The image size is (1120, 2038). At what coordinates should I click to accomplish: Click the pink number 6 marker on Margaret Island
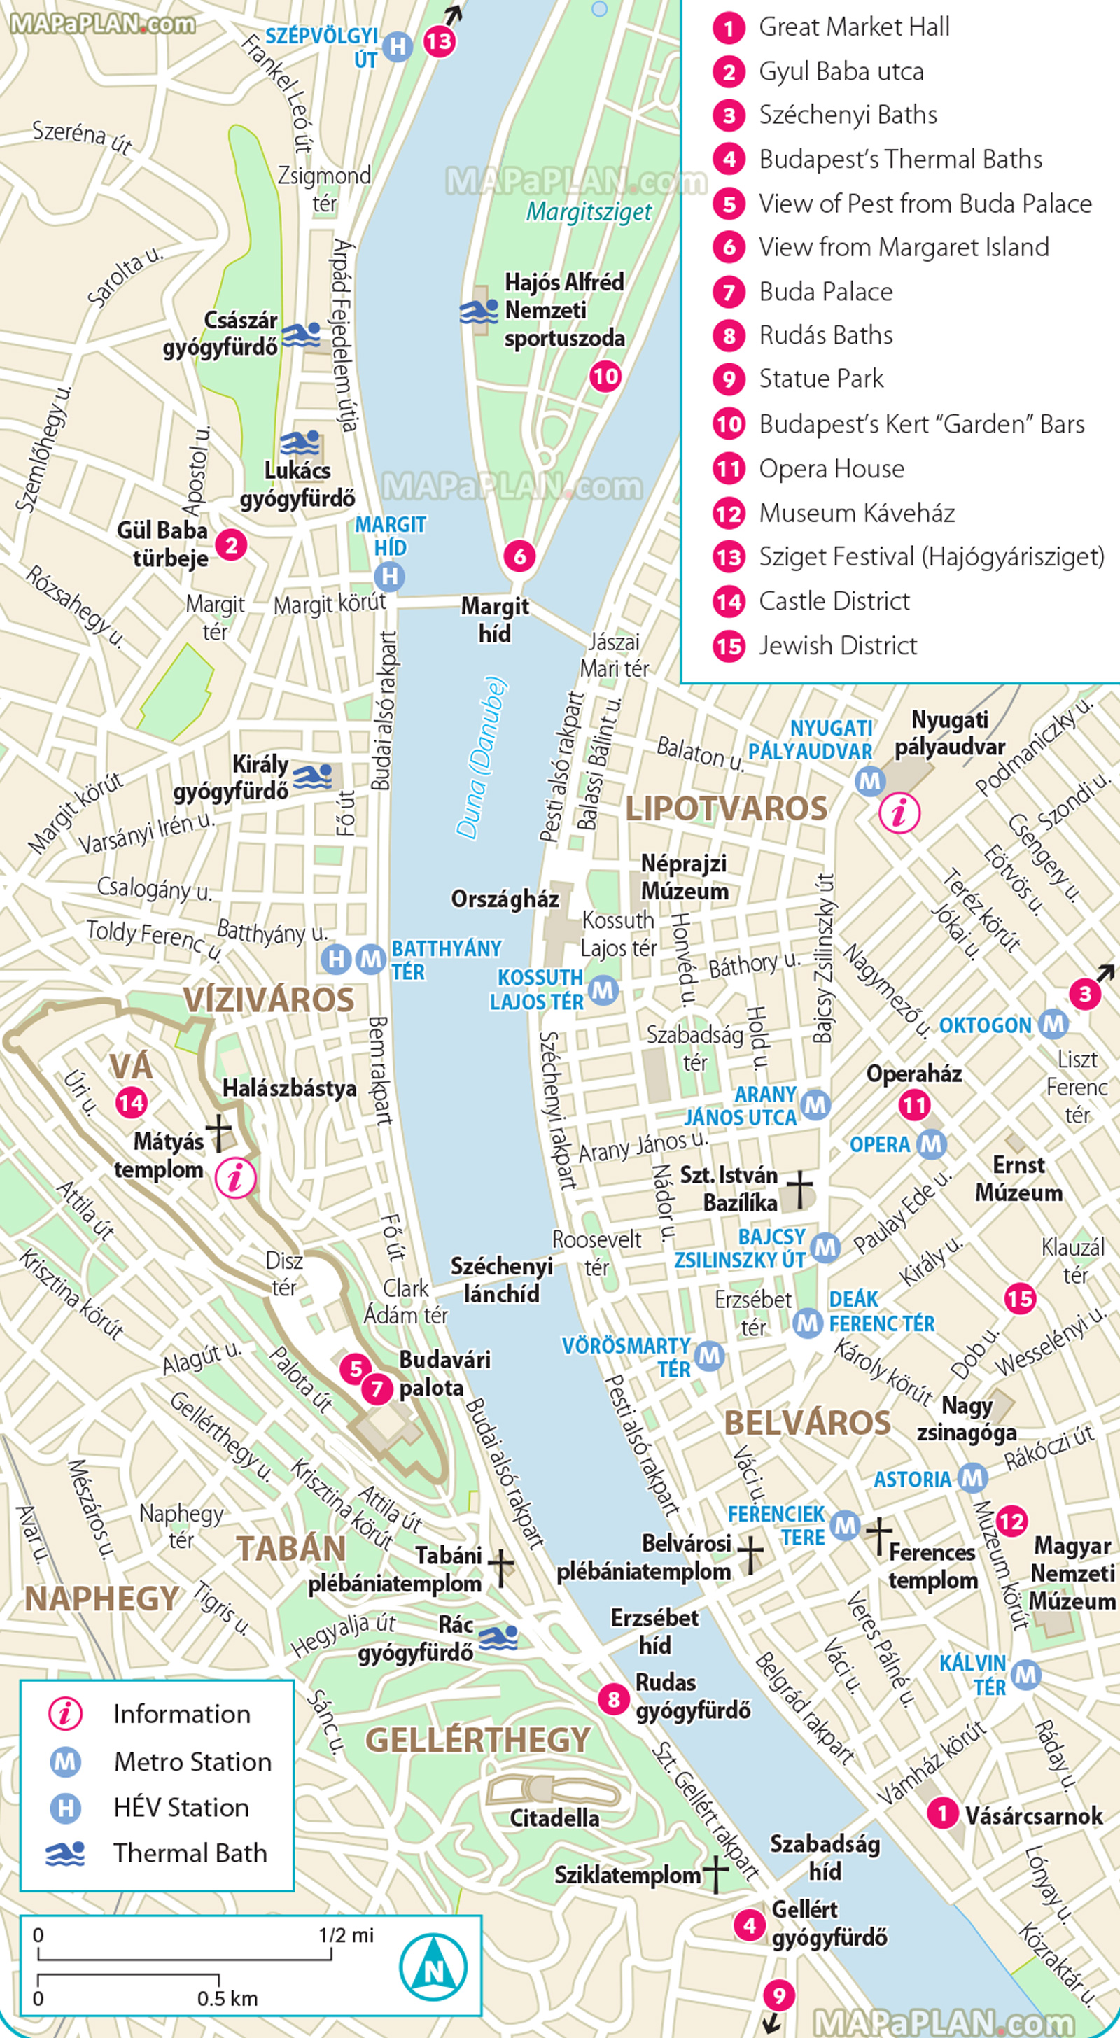(519, 556)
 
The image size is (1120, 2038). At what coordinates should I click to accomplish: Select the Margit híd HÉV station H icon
(389, 576)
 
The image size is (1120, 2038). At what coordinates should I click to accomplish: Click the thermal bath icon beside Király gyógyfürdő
(314, 778)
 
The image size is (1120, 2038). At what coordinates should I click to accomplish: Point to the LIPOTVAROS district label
(726, 808)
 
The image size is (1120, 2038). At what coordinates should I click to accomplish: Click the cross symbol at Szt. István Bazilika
(799, 1190)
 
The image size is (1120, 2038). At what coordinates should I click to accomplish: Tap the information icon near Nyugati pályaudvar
(900, 812)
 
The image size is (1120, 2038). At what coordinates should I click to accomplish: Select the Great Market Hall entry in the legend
(853, 28)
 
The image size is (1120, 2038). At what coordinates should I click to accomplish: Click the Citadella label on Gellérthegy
(554, 1818)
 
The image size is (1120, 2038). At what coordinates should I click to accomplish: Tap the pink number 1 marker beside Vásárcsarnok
(942, 1813)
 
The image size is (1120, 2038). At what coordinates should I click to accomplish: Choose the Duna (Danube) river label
(480, 757)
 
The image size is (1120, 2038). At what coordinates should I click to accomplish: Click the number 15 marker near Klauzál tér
(1019, 1298)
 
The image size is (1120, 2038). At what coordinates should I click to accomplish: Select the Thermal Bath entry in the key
(189, 1853)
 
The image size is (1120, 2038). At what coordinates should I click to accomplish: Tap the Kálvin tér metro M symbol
(1025, 1674)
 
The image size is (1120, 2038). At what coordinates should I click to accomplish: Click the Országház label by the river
(505, 899)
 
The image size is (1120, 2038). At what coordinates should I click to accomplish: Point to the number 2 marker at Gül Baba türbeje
(231, 544)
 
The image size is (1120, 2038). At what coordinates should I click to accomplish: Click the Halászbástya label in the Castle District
(289, 1088)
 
